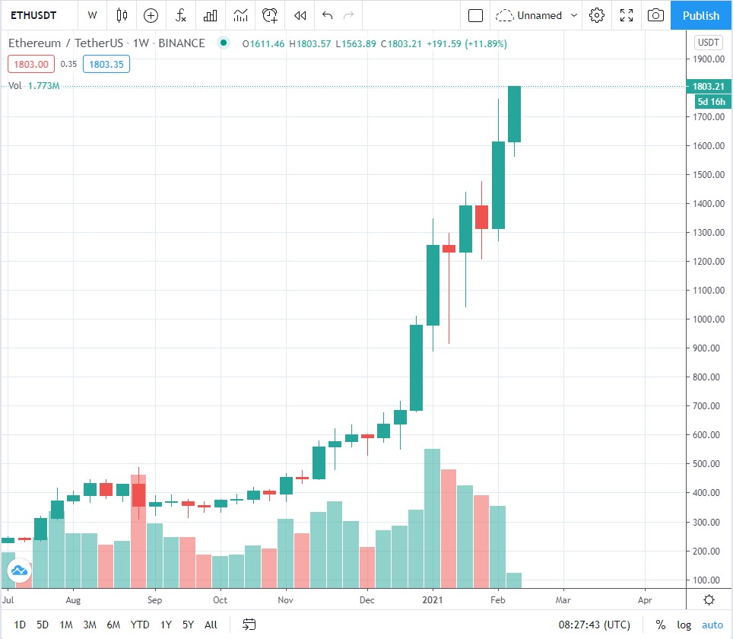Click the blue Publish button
(700, 15)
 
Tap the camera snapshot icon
(655, 15)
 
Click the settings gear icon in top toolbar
(597, 15)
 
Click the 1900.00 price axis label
(707, 59)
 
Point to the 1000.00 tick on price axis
(707, 319)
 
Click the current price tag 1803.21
(707, 87)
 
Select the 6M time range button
(113, 625)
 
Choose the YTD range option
(140, 625)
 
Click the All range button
(211, 625)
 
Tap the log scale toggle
(684, 625)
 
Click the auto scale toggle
(712, 625)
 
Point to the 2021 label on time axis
(433, 599)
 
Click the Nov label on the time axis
(286, 599)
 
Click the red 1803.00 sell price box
(29, 65)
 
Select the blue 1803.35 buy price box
(106, 65)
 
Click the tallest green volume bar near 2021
(432, 517)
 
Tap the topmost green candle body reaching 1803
(515, 114)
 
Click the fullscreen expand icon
(627, 15)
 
